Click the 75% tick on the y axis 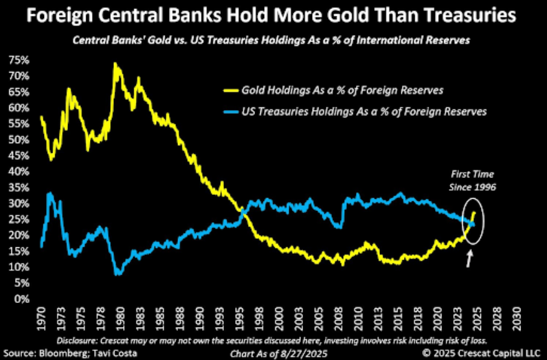pos(17,60)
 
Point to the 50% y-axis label pos(17,140)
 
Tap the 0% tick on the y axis pos(20,300)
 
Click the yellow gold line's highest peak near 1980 pos(115,63)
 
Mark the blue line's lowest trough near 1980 pos(117,275)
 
